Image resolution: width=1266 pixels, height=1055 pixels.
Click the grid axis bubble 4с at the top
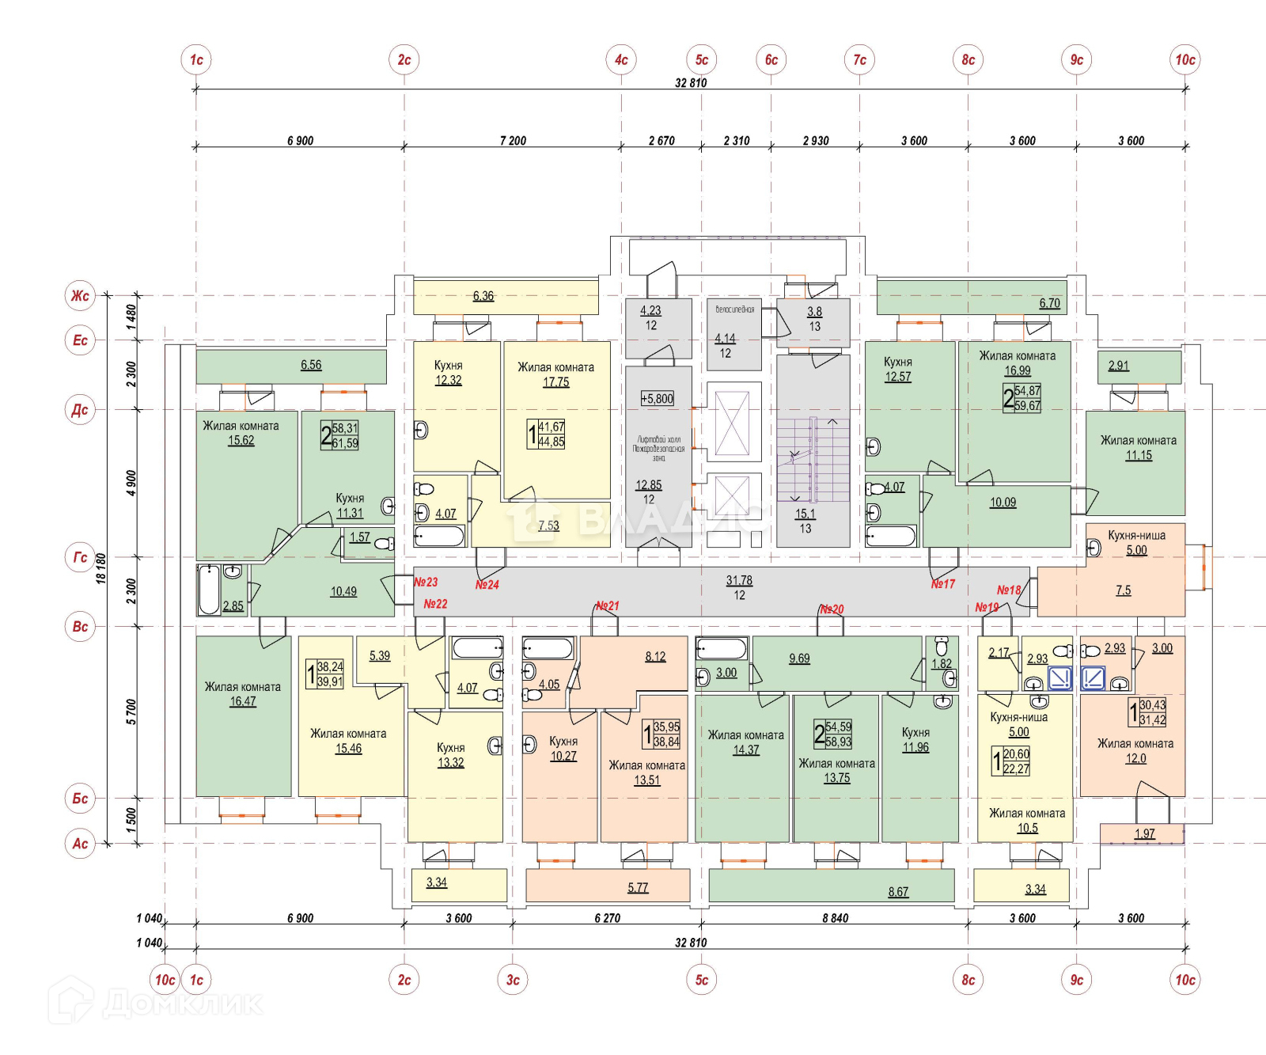621,59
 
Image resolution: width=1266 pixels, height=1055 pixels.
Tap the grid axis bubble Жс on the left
80,296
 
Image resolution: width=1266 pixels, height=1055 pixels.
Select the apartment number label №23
426,582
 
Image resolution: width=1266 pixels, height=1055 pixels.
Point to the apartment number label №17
942,584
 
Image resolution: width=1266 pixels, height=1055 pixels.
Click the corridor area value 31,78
739,580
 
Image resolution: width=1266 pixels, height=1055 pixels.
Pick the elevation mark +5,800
658,398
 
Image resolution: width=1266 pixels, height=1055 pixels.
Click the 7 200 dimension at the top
513,141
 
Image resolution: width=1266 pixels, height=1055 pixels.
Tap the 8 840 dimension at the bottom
835,918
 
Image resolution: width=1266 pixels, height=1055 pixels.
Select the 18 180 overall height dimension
100,568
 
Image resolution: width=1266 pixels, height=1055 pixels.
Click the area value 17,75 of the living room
555,382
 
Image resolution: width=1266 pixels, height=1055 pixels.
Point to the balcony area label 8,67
898,892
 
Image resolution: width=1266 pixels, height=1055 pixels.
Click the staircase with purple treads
813,459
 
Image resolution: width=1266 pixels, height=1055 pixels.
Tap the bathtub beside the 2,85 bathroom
209,590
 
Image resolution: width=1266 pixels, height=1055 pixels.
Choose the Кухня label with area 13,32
451,747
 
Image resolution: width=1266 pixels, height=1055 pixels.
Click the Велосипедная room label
734,309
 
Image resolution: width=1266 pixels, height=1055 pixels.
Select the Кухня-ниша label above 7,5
1136,535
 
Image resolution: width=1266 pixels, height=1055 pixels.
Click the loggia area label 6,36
483,296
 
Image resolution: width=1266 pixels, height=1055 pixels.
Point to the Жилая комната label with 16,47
243,686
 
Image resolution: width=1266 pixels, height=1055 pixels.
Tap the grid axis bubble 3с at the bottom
513,980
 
